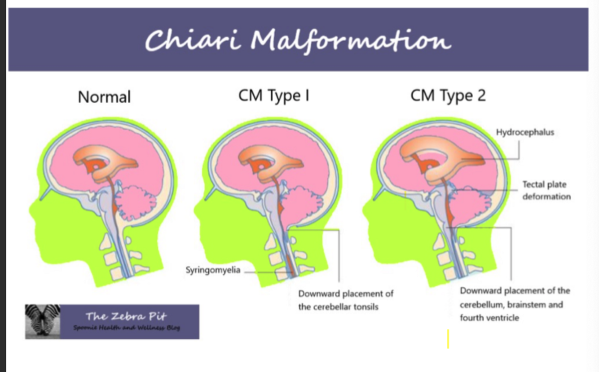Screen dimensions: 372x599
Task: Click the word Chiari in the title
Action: coord(193,40)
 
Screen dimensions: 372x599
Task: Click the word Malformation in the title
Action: coord(350,40)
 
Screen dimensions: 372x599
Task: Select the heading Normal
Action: coord(104,97)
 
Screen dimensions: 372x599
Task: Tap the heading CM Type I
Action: coord(273,96)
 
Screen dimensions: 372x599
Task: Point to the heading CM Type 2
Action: coord(448,96)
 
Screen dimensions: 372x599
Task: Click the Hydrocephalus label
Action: coord(525,132)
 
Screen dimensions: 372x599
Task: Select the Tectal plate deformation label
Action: coord(546,190)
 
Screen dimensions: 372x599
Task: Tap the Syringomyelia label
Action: coord(213,270)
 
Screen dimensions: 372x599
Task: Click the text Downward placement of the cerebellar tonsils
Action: coord(345,300)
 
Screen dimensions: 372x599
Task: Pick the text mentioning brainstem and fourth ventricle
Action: coord(514,304)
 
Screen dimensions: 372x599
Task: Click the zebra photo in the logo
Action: coord(42,321)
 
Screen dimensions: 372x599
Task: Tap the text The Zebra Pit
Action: coord(126,316)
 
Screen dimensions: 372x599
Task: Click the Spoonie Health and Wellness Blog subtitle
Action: coord(126,328)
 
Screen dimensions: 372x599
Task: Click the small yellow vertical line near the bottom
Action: coord(448,338)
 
